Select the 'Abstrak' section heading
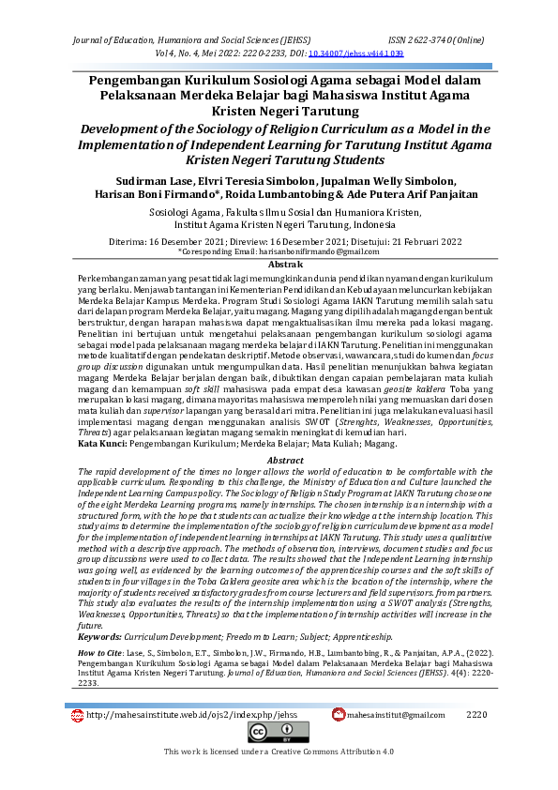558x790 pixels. [279, 266]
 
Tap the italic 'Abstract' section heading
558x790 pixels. [279, 434]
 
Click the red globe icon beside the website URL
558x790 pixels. [77, 715]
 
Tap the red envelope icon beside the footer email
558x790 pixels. [339, 715]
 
